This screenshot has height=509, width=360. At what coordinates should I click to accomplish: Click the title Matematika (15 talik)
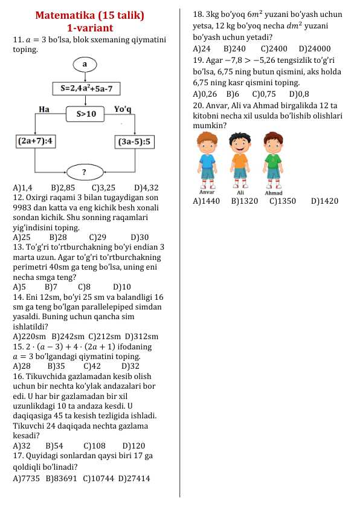pos(90,15)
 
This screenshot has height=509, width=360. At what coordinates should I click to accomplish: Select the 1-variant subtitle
pos(90,28)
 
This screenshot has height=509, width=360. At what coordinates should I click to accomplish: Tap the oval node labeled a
pos(85,63)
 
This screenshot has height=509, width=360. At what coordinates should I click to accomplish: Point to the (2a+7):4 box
pos(35,141)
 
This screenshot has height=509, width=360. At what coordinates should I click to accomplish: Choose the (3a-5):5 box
pos(134,141)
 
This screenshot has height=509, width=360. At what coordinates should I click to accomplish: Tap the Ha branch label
pos(43,109)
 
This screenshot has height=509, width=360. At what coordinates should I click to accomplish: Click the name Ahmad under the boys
pos(274,193)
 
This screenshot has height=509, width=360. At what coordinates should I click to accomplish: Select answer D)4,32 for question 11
pos(146,188)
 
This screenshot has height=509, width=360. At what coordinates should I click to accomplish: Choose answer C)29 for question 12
pos(97,237)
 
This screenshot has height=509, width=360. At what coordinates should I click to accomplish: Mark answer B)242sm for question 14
pos(67,336)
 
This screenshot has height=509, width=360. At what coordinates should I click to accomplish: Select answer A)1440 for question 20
pos(206,201)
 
